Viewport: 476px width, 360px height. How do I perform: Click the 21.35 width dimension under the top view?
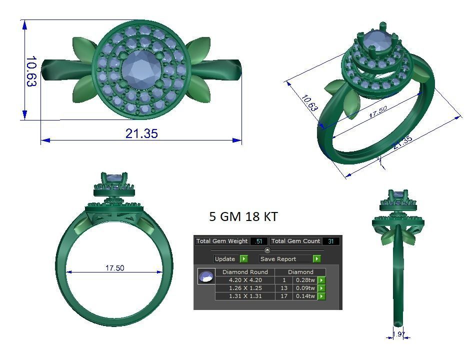[x=141, y=133]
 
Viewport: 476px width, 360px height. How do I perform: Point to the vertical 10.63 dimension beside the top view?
[x=31, y=71]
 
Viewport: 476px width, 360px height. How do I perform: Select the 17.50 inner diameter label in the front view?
[x=114, y=268]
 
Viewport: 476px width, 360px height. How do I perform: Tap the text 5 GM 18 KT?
[x=243, y=216]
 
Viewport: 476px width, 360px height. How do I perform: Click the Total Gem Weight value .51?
[x=258, y=241]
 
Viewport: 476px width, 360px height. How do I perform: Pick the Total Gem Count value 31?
[x=331, y=241]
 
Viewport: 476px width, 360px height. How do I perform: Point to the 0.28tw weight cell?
[x=305, y=280]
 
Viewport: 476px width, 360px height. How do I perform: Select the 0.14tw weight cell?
[x=305, y=296]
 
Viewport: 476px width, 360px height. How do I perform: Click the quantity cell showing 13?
[x=284, y=288]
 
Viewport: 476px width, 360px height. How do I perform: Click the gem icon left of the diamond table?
[x=206, y=276]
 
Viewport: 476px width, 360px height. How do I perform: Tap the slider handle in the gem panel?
[x=267, y=250]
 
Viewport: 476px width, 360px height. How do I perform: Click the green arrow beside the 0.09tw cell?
[x=321, y=288]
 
